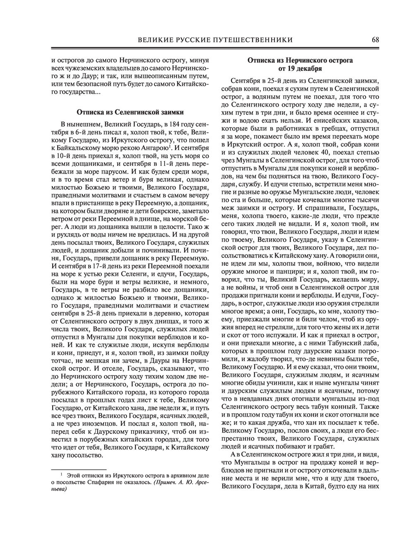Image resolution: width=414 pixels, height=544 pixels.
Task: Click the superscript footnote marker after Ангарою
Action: [x=170, y=146]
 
